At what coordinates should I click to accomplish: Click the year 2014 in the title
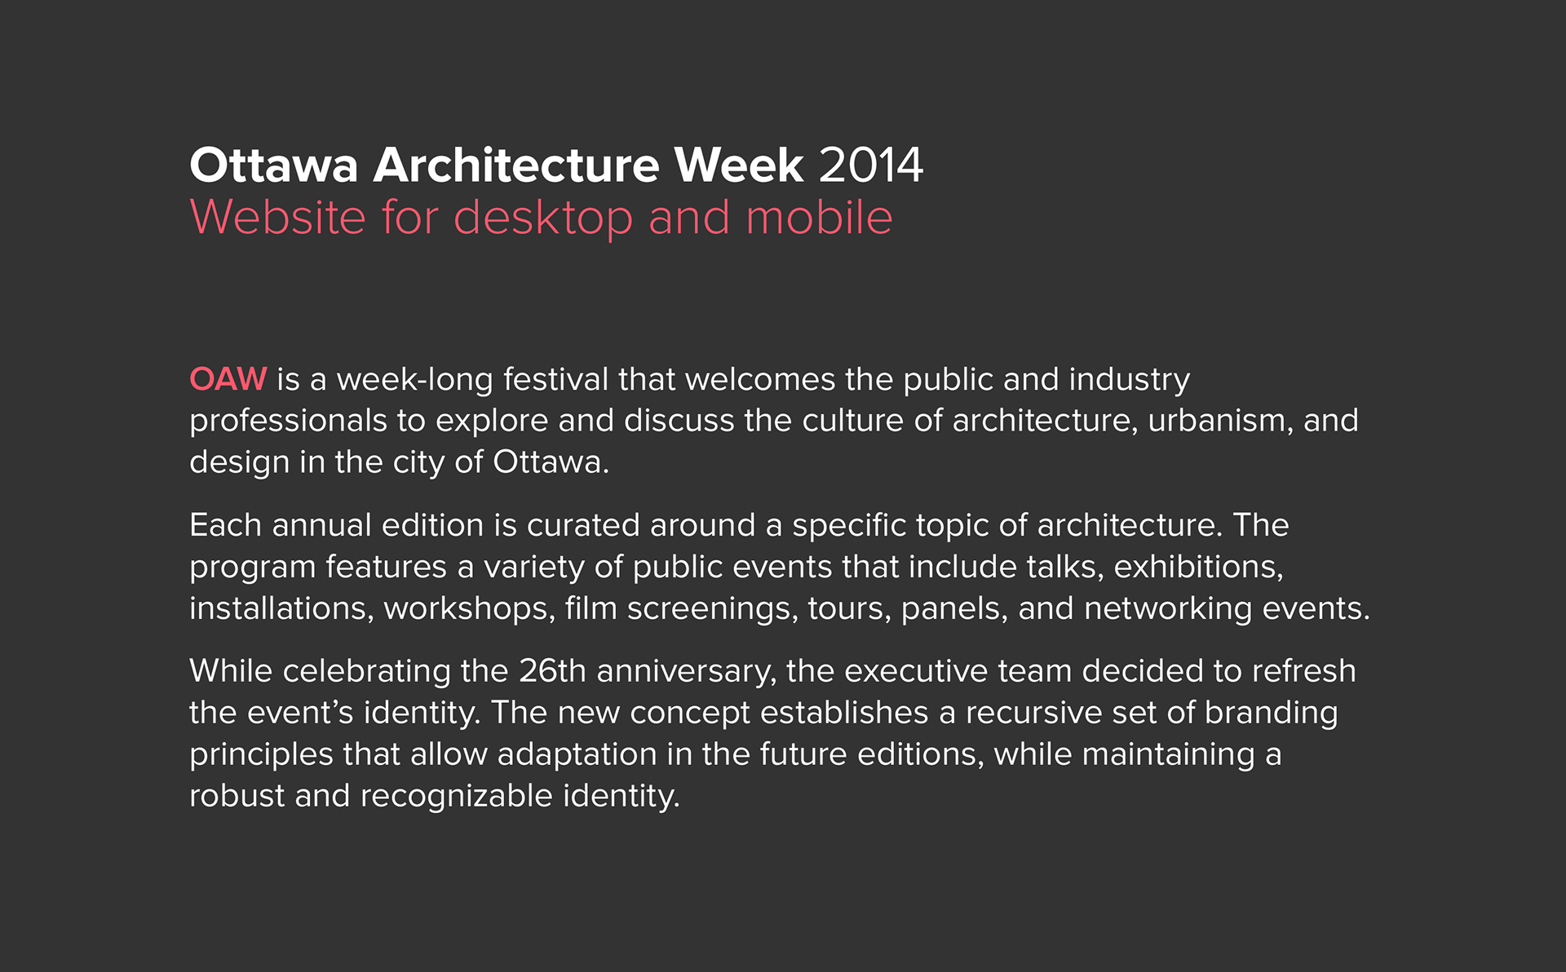pyautogui.click(x=871, y=166)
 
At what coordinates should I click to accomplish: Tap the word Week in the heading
pyautogui.click(x=739, y=166)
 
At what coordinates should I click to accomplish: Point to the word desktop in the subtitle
pyautogui.click(x=543, y=219)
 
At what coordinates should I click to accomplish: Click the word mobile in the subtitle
pyautogui.click(x=819, y=218)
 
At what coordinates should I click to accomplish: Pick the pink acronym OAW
pyautogui.click(x=228, y=379)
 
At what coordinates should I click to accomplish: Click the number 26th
pyautogui.click(x=552, y=672)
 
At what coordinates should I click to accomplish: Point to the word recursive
pyautogui.click(x=1033, y=714)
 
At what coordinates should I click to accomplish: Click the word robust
pyautogui.click(x=237, y=797)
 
